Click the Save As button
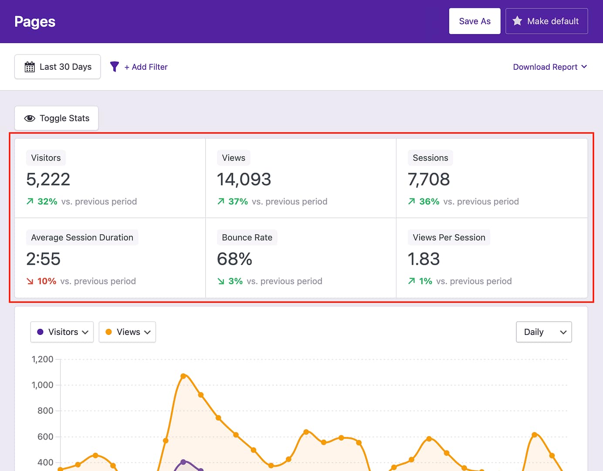[x=474, y=21]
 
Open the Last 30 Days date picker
[x=58, y=67]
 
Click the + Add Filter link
[x=146, y=67]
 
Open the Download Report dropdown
[x=550, y=67]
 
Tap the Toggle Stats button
[x=56, y=118]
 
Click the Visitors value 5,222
[x=48, y=179]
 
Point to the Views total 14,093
[x=244, y=179]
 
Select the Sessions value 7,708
[x=429, y=179]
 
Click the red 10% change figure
[x=47, y=281]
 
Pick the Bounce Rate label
[x=247, y=238]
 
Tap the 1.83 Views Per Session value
[x=423, y=259]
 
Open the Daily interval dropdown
[x=544, y=332]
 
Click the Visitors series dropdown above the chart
[x=62, y=332]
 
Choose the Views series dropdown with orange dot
[x=127, y=332]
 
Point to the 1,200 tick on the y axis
[x=43, y=359]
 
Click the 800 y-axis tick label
[x=45, y=411]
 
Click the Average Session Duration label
[x=82, y=238]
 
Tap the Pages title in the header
[x=35, y=22]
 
